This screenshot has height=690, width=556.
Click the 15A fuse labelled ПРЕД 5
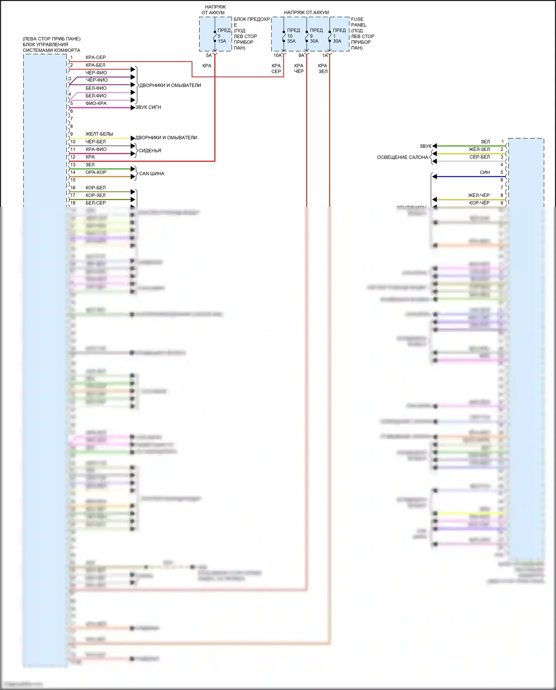[215, 36]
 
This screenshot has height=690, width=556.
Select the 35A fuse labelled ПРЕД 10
[284, 36]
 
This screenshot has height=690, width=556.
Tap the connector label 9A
[301, 56]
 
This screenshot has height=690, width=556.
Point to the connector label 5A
[209, 56]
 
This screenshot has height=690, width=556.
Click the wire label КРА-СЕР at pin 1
[96, 57]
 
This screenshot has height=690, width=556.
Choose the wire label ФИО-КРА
[96, 103]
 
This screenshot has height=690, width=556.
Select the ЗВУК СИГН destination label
[148, 108]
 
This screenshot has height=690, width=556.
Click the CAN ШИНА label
[152, 174]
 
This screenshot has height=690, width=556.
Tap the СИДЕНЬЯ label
[150, 151]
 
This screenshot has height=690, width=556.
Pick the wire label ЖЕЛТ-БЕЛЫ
[99, 134]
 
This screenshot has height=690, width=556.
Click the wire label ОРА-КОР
[96, 172]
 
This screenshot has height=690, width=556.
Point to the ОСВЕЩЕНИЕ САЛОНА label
[403, 158]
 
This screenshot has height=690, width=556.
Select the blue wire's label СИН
[484, 172]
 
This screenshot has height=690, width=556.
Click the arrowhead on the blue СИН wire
[435, 177]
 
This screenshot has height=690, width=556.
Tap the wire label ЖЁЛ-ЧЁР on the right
[479, 195]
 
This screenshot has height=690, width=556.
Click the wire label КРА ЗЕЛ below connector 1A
[323, 69]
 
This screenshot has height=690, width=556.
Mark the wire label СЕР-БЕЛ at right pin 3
[480, 157]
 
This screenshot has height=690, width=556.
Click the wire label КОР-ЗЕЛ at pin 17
[96, 195]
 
